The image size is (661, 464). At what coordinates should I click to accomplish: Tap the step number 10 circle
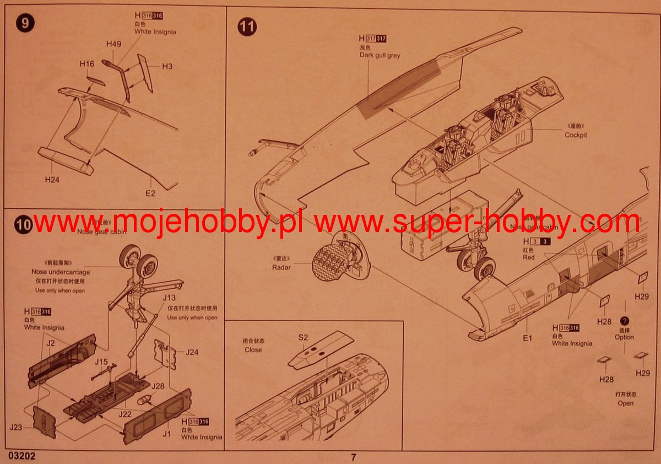(x=24, y=225)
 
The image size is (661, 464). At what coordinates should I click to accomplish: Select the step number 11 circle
(x=247, y=26)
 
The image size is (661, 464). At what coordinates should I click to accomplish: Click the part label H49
(x=113, y=44)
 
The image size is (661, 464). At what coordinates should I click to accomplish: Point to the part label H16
(x=86, y=64)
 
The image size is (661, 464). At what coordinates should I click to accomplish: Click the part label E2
(x=150, y=193)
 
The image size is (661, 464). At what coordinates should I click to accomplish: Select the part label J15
(x=100, y=362)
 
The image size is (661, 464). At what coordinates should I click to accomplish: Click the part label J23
(x=17, y=427)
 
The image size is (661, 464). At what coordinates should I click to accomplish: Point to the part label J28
(x=158, y=386)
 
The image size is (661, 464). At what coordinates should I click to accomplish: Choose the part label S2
(x=303, y=337)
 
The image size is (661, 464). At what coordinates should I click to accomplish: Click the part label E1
(x=527, y=337)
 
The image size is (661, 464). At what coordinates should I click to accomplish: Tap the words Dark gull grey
(x=380, y=55)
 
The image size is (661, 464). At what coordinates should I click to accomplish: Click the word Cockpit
(x=576, y=135)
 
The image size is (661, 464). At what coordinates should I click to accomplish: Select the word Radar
(x=281, y=267)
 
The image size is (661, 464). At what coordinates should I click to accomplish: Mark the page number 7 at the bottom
(x=353, y=456)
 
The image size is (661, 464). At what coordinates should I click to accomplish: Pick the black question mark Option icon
(x=624, y=321)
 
